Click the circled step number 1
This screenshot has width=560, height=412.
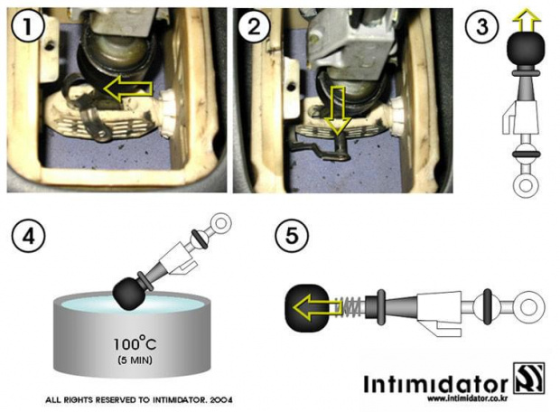click(28, 27)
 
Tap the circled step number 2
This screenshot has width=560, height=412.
click(254, 27)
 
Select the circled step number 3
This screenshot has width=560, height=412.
click(481, 27)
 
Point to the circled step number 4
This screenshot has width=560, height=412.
click(28, 236)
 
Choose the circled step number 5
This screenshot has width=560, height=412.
click(292, 236)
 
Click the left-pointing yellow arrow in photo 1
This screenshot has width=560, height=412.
click(127, 89)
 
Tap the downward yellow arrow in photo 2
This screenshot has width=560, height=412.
click(337, 110)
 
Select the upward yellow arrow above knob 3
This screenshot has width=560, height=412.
click(527, 20)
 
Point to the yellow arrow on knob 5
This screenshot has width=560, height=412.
click(317, 308)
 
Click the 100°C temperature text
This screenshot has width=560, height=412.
click(135, 343)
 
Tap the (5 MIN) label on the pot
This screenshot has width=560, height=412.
click(135, 360)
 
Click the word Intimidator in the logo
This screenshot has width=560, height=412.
click(435, 384)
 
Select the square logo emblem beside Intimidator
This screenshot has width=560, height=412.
click(529, 378)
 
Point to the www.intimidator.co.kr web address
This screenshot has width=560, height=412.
click(468, 398)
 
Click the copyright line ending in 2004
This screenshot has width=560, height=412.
click(139, 400)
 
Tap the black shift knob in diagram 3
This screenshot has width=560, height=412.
click(526, 48)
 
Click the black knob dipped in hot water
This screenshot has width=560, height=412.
click(128, 293)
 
